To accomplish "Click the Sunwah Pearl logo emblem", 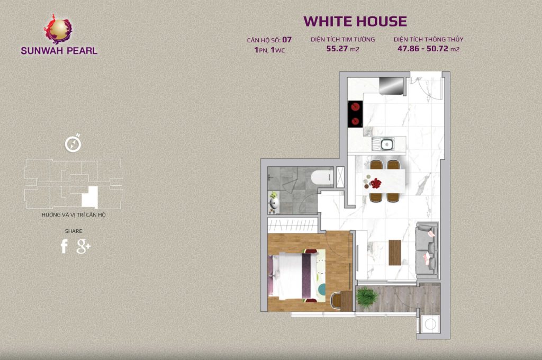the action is tap(58, 29).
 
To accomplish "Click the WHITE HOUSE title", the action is tap(355, 21).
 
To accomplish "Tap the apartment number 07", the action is tap(287, 40).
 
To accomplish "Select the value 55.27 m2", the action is tap(342, 49).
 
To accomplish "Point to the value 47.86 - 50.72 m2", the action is tap(428, 49).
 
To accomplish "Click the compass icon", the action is tap(73, 143).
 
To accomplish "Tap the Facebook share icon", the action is tap(64, 246).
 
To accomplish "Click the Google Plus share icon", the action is tap(83, 246).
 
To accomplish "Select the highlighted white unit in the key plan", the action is tap(90, 197).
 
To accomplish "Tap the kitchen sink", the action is tap(383, 144).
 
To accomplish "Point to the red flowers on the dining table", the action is tap(375, 183).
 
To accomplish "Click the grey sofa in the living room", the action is tap(427, 251).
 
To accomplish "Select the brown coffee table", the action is tap(395, 253).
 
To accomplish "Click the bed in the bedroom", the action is tap(293, 276).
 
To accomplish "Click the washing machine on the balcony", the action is tap(430, 325).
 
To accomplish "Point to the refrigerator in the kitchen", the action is tap(391, 86).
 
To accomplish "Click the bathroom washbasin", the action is tap(274, 203).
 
